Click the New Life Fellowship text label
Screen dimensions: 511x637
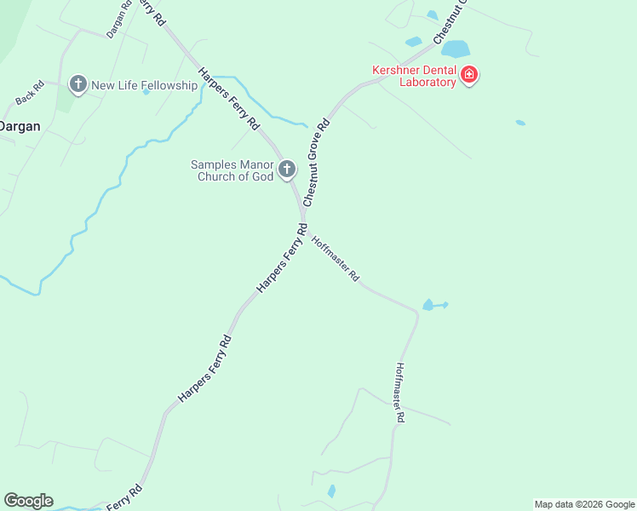pos(144,85)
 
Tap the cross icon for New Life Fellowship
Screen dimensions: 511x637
pos(78,83)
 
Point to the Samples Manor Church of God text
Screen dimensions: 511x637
pos(231,170)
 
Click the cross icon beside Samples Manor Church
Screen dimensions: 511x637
pos(287,169)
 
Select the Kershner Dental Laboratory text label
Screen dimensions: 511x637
pos(414,76)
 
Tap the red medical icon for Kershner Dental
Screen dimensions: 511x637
pos(468,76)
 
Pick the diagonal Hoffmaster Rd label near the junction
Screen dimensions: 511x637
pos(336,259)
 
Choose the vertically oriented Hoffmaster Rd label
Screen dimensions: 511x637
pos(399,393)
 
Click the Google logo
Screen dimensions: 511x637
pos(28,501)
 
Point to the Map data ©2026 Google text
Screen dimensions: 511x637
pos(584,504)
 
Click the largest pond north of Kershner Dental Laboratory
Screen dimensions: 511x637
pos(456,49)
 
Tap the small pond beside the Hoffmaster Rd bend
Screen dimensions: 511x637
pos(429,305)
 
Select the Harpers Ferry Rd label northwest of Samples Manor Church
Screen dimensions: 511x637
pos(228,98)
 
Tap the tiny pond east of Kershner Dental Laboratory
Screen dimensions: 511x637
pos(520,123)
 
